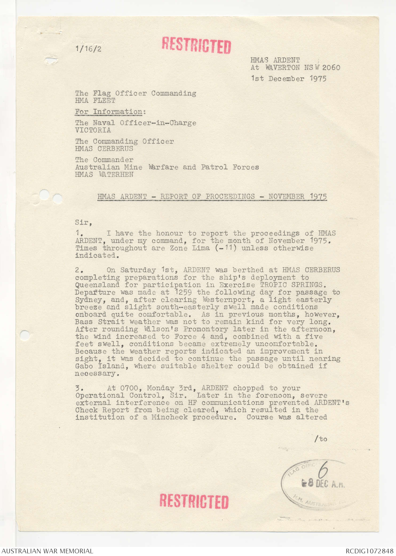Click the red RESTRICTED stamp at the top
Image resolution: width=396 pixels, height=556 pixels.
(x=196, y=45)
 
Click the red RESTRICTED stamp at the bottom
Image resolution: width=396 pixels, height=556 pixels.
(x=194, y=501)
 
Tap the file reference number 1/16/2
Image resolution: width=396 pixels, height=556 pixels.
(x=88, y=49)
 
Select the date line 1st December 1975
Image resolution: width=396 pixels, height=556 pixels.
(x=288, y=79)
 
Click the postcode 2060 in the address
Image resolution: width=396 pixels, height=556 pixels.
(x=331, y=67)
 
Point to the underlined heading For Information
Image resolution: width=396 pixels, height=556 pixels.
(x=109, y=112)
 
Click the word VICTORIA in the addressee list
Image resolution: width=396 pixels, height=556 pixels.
(x=93, y=130)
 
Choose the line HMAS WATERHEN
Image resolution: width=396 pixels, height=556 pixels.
(x=104, y=174)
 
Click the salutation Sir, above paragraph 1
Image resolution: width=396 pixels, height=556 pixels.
(x=84, y=222)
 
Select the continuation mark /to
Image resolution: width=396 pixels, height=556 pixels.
(x=320, y=439)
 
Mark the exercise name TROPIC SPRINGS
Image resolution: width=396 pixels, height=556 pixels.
(x=291, y=285)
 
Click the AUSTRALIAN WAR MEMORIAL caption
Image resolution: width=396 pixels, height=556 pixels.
(x=47, y=551)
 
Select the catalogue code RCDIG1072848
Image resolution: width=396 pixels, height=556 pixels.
(x=369, y=551)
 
